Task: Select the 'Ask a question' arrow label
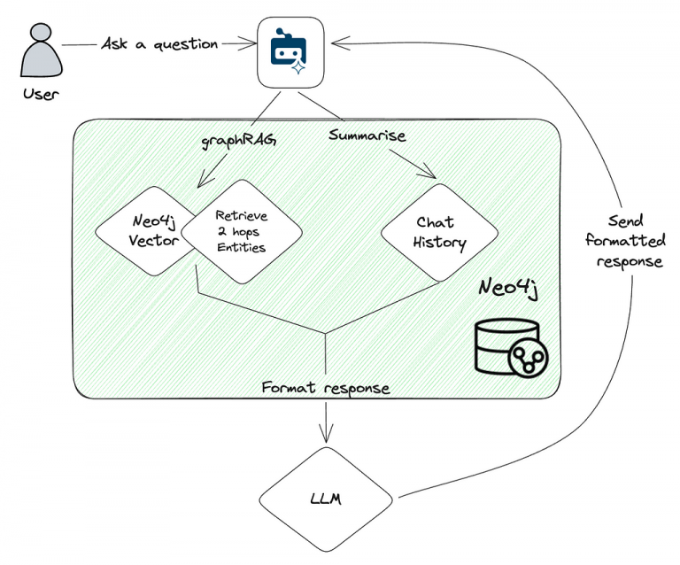pyautogui.click(x=159, y=43)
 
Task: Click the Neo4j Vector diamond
pyautogui.click(x=146, y=231)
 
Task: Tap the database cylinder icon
pyautogui.click(x=511, y=348)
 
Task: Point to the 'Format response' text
pyautogui.click(x=326, y=388)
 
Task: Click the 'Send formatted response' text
pyautogui.click(x=630, y=240)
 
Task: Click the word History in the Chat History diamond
pyautogui.click(x=440, y=243)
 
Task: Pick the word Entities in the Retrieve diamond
pyautogui.click(x=242, y=248)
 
